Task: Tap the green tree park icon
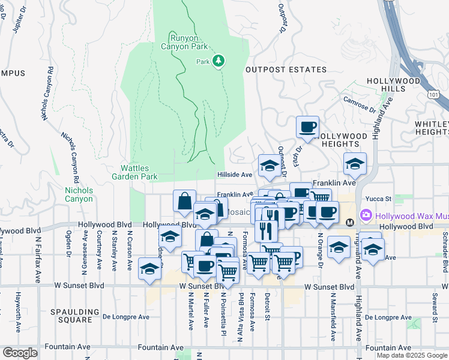pos(219,61)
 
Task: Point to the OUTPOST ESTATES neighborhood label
pos(286,70)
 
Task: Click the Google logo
pos(20,353)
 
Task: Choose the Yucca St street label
pos(379,199)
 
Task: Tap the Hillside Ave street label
pos(234,175)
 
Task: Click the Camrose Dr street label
pos(359,106)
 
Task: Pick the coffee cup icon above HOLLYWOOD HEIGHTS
pos(308,127)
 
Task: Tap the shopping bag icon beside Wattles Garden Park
pos(184,200)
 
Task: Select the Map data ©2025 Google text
pos(412,355)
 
